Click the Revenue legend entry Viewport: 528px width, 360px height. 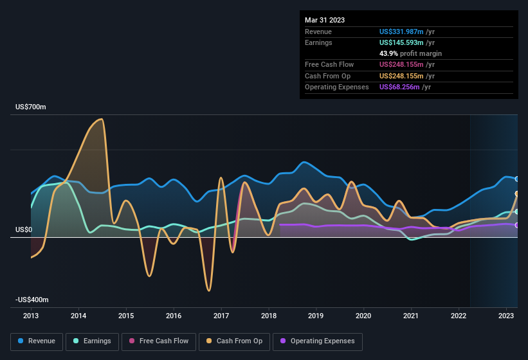click(37, 341)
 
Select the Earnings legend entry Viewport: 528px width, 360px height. click(92, 341)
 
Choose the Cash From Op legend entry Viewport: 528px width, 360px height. click(235, 341)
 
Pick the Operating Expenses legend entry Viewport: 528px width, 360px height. click(318, 341)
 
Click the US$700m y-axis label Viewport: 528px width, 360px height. click(32, 107)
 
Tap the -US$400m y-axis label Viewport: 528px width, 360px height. click(33, 300)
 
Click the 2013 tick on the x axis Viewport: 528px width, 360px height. click(31, 316)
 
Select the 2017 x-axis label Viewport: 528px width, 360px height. click(221, 316)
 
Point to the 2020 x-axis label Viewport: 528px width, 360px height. click(363, 316)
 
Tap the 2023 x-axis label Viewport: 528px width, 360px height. click(506, 316)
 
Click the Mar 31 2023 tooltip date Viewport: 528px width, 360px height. click(325, 20)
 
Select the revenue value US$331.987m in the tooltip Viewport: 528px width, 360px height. click(401, 32)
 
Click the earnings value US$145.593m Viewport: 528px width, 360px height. click(401, 42)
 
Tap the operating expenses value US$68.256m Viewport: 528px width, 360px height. click(399, 87)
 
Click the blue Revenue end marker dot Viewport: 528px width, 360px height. click(517, 179)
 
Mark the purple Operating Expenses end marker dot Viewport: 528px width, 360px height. click(517, 225)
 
